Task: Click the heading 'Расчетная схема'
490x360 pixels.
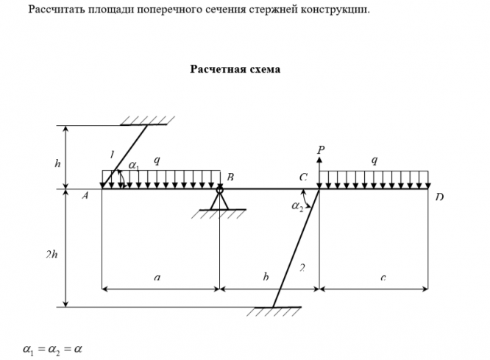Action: point(235,69)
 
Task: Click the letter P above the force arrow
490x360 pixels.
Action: point(321,150)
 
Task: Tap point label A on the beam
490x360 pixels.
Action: point(85,196)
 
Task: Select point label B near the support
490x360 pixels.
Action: point(230,177)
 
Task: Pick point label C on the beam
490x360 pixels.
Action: point(303,177)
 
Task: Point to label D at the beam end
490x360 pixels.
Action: point(439,197)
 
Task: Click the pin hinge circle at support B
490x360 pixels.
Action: point(219,190)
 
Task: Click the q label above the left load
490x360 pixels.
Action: point(156,159)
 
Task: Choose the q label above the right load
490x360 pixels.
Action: point(374,159)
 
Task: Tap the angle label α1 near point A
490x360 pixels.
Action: point(133,167)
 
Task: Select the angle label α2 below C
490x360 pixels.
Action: point(297,208)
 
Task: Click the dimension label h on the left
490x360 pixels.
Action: point(57,163)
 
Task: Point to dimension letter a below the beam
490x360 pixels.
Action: point(157,278)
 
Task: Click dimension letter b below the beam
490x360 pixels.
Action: point(266,278)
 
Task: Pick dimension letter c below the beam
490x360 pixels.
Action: point(383,278)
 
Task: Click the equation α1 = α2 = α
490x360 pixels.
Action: point(52,348)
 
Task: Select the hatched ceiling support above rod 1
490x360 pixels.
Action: point(146,120)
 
